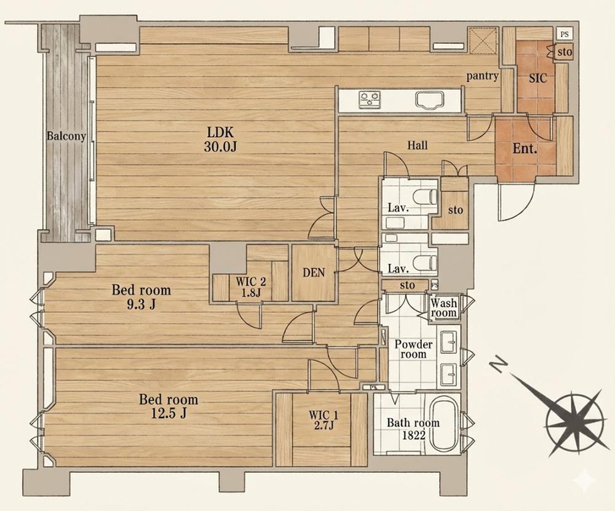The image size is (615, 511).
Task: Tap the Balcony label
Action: coord(66,136)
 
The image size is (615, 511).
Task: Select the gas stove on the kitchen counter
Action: coord(370,100)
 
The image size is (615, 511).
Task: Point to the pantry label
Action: coord(482,76)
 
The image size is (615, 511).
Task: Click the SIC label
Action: coord(538,78)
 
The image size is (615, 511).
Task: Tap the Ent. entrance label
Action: coord(525,149)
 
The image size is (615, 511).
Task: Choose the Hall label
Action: coord(418,146)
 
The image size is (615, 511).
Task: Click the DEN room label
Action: coord(314,272)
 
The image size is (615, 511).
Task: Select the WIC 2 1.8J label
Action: coord(251,287)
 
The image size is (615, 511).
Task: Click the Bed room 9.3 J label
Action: coord(141,296)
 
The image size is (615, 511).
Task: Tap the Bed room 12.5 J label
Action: coord(169,406)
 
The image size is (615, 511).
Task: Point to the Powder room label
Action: coord(413,349)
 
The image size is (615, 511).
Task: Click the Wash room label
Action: coord(444,308)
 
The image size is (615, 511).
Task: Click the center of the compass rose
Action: coord(574,423)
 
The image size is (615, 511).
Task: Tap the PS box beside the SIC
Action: coord(565,34)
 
